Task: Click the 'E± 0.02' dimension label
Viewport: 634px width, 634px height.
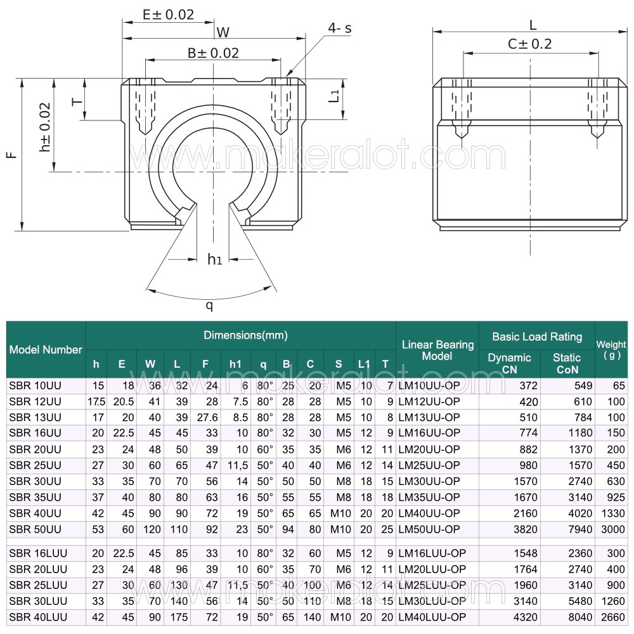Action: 168,15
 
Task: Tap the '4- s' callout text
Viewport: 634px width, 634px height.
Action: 340,29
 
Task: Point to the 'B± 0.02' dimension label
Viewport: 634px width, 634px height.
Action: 213,53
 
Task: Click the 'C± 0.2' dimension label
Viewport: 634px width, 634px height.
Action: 529,44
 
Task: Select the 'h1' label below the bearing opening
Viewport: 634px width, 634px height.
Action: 215,259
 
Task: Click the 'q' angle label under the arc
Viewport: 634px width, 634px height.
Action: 209,306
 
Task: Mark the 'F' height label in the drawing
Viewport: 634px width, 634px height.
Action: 13,155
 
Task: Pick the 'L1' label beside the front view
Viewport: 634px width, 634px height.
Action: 334,96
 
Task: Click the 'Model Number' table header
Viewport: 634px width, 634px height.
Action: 46,350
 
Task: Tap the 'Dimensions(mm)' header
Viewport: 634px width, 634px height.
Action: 245,335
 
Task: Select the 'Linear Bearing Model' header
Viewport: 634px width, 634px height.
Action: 437,350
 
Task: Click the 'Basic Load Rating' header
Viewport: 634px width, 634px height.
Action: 537,337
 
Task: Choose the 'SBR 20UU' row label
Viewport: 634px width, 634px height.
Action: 35,450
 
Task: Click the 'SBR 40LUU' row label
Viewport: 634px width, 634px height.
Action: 38,617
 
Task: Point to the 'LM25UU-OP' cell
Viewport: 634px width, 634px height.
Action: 429,465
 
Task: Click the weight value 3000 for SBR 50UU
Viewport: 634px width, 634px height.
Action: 613,529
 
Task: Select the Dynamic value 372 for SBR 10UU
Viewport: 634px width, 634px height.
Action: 529,385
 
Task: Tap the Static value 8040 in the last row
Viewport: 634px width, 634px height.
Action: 580,617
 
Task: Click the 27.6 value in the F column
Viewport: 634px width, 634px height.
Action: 207,417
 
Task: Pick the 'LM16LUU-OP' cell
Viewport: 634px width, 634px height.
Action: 432,553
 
